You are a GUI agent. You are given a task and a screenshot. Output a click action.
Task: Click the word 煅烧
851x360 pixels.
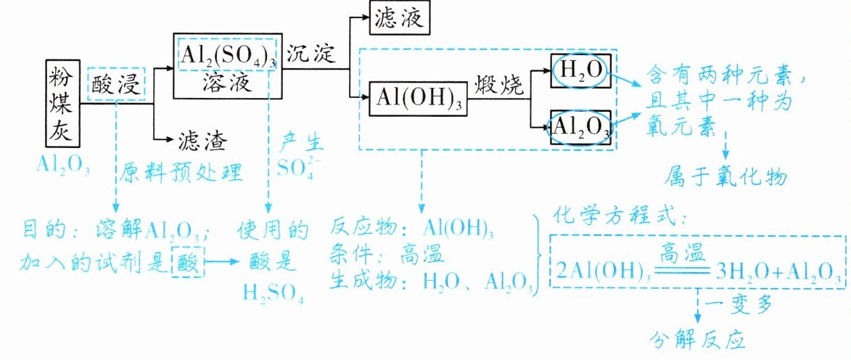[x=499, y=85]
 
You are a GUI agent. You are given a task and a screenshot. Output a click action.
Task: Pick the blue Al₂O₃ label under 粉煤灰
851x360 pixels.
[x=63, y=165]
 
